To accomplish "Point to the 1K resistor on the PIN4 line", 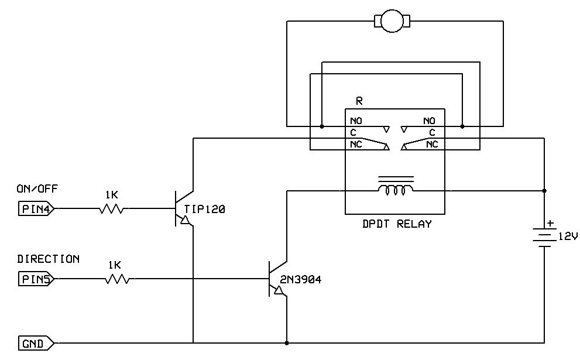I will [x=112, y=208].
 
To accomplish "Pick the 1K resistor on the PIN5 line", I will [x=117, y=279].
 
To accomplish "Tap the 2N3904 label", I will [x=301, y=280].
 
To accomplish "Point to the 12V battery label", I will [x=567, y=236].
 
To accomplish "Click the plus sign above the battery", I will [x=550, y=223].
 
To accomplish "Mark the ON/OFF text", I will [x=37, y=188].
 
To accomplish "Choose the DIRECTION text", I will [x=48, y=259].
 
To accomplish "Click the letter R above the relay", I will [x=359, y=101].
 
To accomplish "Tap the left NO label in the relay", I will [x=356, y=121].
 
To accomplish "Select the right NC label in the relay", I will [x=432, y=144].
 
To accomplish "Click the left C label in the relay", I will [x=353, y=132].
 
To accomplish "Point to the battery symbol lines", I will [x=545, y=238].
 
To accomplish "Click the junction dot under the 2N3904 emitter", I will [x=287, y=342].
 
